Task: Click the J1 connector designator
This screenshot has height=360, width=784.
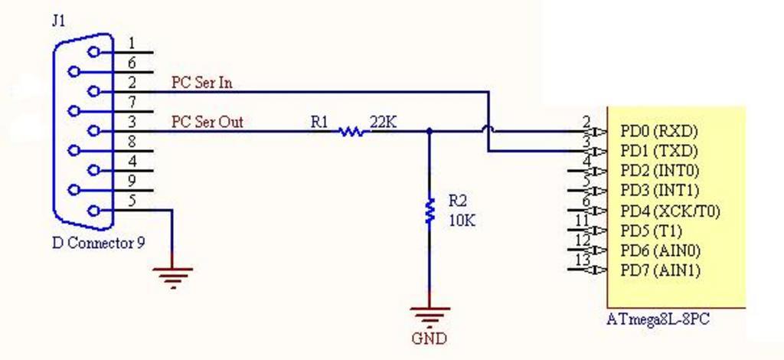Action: click(59, 21)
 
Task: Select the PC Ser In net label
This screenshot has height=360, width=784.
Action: click(201, 83)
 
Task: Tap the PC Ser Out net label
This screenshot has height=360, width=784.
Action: click(207, 122)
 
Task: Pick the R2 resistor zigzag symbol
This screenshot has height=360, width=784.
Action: click(430, 210)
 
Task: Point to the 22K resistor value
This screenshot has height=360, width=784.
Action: click(384, 121)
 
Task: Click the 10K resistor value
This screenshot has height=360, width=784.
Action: click(462, 220)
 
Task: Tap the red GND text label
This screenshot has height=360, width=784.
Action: click(429, 338)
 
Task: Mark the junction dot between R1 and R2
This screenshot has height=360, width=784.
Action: click(429, 131)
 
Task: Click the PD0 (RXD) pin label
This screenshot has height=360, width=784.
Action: click(659, 131)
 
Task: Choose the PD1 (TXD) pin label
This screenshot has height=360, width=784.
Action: click(658, 150)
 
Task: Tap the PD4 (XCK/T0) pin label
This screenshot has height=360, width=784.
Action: click(670, 211)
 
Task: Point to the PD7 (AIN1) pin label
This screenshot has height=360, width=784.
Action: click(660, 270)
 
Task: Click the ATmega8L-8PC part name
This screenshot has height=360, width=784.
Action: click(658, 319)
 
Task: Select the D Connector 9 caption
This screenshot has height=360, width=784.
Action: click(98, 244)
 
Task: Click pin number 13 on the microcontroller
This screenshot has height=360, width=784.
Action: click(582, 260)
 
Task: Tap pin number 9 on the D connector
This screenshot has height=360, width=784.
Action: click(132, 182)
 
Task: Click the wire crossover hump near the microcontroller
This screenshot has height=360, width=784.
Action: click(488, 131)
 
